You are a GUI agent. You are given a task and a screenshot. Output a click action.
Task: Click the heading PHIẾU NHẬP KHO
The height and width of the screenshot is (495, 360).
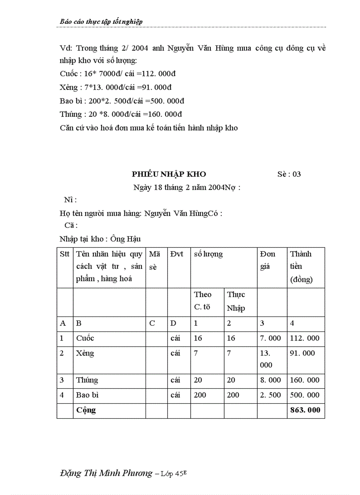(x=169, y=174)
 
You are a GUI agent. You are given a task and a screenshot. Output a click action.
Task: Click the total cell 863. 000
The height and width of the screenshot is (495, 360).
(x=305, y=410)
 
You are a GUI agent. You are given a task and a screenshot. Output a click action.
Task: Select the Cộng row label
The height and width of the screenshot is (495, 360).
(x=86, y=410)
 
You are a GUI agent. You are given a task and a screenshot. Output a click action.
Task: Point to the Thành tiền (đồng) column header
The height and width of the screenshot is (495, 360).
(x=301, y=266)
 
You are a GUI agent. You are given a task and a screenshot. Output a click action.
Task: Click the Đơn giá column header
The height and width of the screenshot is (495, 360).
(x=268, y=260)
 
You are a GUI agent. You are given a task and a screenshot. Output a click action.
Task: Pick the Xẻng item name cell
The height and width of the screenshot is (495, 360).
(x=85, y=354)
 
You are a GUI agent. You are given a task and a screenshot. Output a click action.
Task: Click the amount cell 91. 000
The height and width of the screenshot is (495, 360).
(x=303, y=354)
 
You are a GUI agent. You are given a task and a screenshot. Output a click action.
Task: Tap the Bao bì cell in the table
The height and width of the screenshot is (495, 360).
(x=87, y=395)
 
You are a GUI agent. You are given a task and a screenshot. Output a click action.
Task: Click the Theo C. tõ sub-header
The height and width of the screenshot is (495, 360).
(x=203, y=301)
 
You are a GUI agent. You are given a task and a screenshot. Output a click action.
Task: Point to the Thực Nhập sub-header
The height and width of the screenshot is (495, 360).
(x=236, y=301)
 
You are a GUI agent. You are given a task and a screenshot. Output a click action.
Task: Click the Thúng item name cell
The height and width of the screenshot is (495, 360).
(x=87, y=380)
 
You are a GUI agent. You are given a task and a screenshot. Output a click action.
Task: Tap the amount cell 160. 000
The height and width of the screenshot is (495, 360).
(x=305, y=380)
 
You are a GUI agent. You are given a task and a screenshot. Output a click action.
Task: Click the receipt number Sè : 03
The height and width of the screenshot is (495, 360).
(x=289, y=174)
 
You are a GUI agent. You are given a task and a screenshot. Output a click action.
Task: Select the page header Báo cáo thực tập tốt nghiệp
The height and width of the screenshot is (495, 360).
(x=101, y=22)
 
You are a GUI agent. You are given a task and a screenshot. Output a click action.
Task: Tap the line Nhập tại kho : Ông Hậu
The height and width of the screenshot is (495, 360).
(x=100, y=239)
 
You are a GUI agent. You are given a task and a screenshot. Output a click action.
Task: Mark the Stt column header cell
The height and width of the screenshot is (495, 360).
(x=64, y=254)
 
